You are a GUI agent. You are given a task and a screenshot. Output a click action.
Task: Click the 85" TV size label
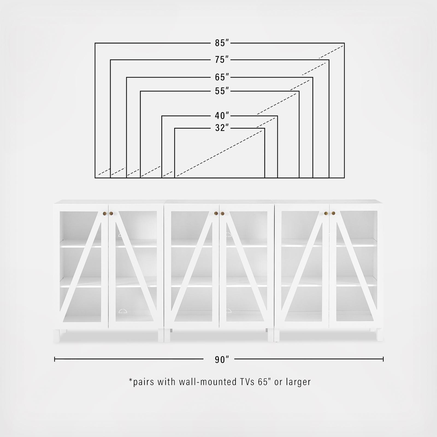tap(222, 43)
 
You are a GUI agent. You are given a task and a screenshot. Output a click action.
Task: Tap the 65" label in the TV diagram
tap(222, 78)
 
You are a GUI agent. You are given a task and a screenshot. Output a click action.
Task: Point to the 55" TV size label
tap(222, 91)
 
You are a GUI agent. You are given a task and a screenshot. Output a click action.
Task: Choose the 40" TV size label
tap(222, 116)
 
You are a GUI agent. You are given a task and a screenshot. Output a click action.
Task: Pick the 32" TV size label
tap(222, 128)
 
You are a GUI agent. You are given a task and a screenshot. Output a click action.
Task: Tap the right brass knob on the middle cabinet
tap(222, 213)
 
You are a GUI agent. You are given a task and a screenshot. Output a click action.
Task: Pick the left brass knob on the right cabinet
tap(326, 213)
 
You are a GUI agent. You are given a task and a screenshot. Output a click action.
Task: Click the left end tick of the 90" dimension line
tap(55, 359)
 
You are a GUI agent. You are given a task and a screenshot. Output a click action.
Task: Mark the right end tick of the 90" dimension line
tap(383, 359)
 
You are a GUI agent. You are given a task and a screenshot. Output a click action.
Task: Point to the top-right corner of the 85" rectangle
tap(344, 43)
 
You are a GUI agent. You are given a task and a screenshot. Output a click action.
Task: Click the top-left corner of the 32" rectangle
tap(175, 128)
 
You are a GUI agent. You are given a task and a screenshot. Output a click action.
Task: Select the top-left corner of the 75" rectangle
tap(111, 60)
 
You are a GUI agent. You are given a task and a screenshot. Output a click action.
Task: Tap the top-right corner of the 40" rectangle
tap(277, 116)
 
